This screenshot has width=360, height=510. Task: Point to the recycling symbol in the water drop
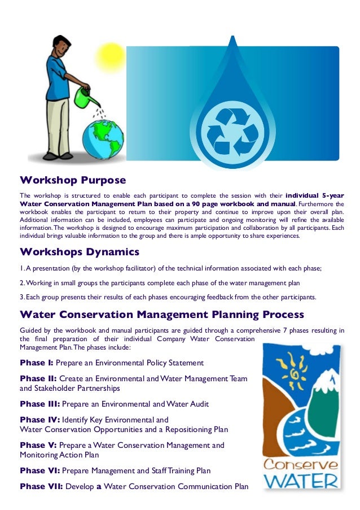(x=232, y=129)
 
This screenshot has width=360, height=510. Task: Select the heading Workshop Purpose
(x=73, y=180)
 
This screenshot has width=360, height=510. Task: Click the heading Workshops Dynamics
(x=80, y=251)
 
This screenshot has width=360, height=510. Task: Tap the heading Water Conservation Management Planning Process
(x=162, y=314)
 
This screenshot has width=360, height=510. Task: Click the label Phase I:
(x=37, y=363)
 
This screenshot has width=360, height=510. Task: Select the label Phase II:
(x=38, y=378)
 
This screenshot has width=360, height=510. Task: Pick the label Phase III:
(x=39, y=404)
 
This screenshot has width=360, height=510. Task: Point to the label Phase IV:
(x=39, y=420)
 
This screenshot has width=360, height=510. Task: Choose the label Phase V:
(x=38, y=445)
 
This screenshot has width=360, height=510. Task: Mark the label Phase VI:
(x=39, y=470)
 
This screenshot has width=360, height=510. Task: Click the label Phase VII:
(x=41, y=486)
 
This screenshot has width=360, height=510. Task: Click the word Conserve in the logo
(x=301, y=465)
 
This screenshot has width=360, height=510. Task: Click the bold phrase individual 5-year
(x=315, y=195)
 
